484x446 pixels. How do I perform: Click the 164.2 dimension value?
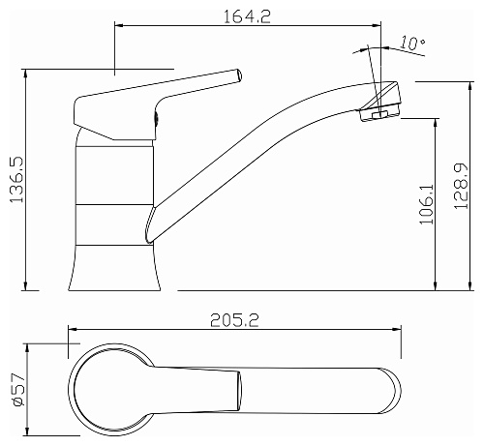pyautogui.click(x=247, y=16)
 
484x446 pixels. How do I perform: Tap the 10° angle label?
pyautogui.click(x=412, y=43)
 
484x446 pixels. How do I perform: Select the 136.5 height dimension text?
pyautogui.click(x=16, y=180)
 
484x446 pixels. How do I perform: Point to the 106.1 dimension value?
pyautogui.click(x=427, y=204)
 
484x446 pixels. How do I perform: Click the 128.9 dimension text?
pyautogui.click(x=461, y=186)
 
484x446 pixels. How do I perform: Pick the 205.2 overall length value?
pyautogui.click(x=234, y=320)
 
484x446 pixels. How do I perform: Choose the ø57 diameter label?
pyautogui.click(x=18, y=390)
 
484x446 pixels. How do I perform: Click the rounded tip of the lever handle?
pyautogui.click(x=238, y=75)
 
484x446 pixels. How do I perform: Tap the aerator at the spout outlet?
pyautogui.click(x=379, y=114)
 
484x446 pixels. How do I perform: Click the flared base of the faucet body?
pyautogui.click(x=114, y=268)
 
